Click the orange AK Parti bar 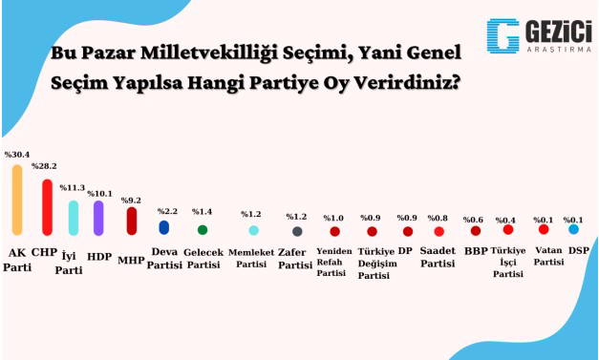16,200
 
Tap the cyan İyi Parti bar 74,218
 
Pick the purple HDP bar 98,218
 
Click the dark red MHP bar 133,221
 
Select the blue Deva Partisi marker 164,227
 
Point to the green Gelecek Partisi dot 203,229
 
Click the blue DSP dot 573,229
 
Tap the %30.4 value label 16,155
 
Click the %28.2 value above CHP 45,166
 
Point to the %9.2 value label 132,200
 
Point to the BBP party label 475,251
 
